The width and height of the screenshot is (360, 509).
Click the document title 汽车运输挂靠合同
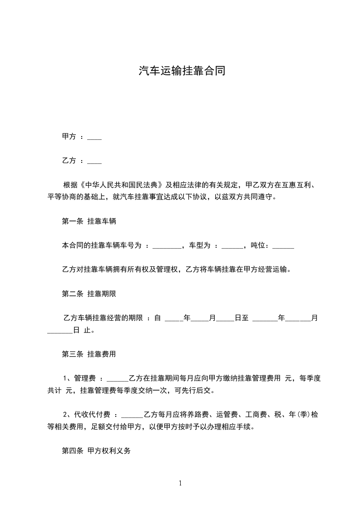(x=180, y=71)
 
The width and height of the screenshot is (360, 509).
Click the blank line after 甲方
(x=94, y=137)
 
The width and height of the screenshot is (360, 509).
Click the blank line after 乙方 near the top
(x=94, y=161)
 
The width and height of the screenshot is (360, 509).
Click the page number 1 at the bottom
(x=180, y=484)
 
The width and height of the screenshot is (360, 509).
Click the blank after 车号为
(x=167, y=246)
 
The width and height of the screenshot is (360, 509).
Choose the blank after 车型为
(x=232, y=246)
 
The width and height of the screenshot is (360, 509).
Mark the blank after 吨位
(x=283, y=246)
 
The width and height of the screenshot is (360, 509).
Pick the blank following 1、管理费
(x=117, y=379)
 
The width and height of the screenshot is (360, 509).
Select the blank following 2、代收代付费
(x=132, y=415)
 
